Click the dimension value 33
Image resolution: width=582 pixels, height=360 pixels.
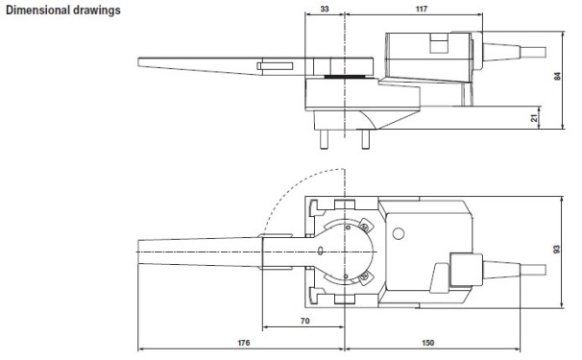click(323, 9)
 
